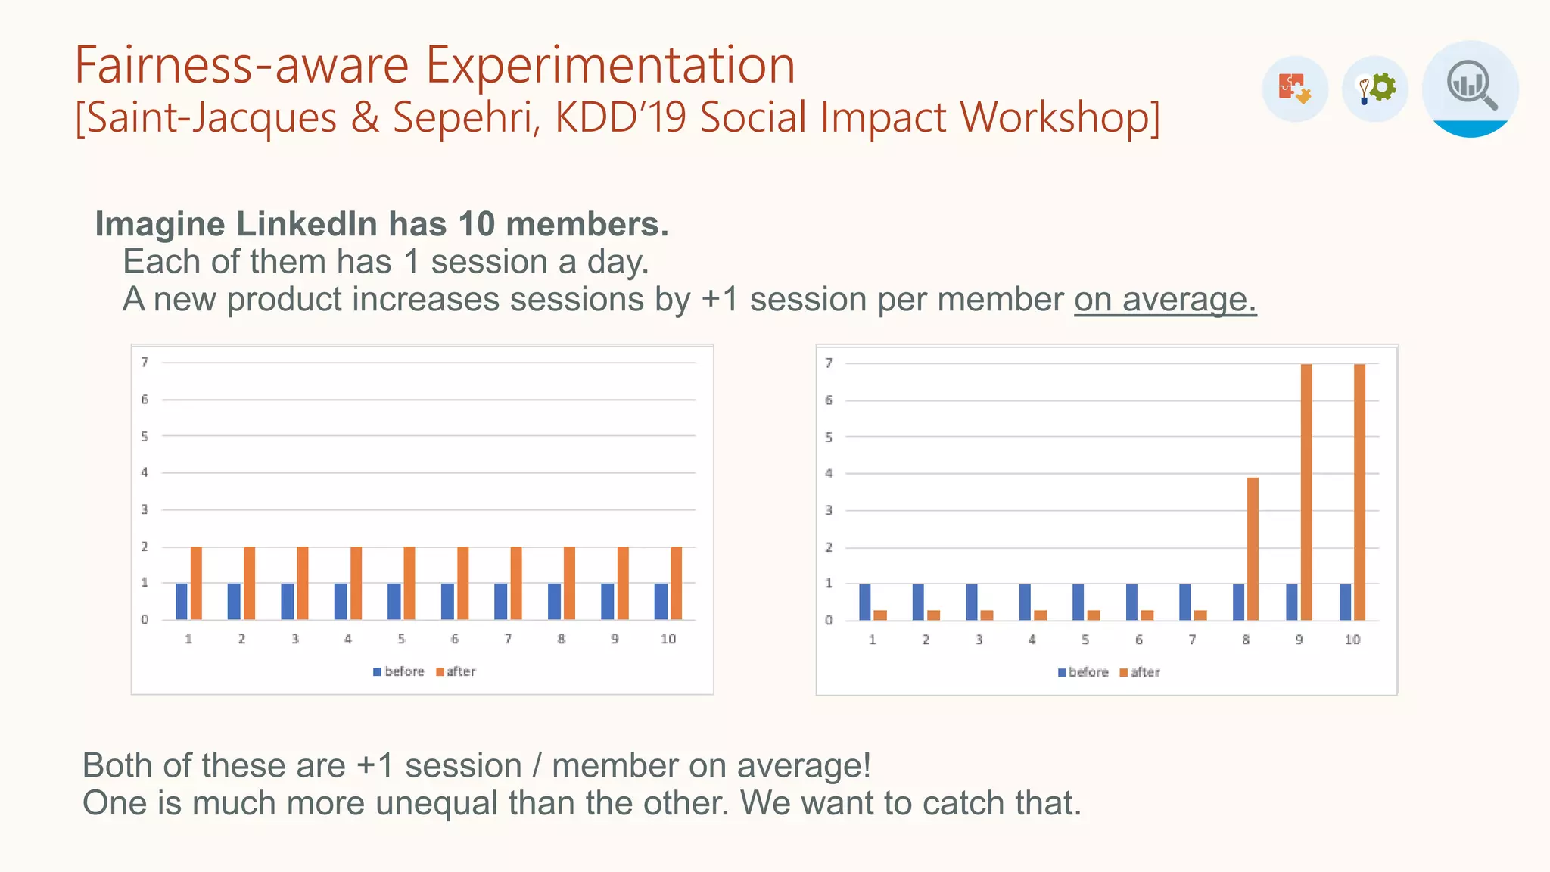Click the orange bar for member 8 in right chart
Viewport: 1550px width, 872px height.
[1253, 549]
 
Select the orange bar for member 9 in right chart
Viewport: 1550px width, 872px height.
[1306, 492]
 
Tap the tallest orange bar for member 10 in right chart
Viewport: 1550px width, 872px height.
[1359, 492]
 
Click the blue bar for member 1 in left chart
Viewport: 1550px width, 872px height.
[182, 601]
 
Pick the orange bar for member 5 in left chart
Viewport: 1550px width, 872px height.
[409, 583]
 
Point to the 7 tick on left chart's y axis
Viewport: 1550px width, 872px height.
[145, 363]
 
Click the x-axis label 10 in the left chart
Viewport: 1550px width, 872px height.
[668, 639]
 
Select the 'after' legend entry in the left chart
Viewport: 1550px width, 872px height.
[456, 671]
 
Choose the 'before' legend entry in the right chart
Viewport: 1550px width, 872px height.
[1083, 672]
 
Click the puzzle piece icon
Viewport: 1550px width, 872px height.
[1294, 89]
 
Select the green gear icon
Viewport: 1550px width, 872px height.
[1382, 88]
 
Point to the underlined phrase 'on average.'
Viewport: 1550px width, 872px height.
[1165, 300]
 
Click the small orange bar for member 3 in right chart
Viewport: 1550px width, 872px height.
[987, 615]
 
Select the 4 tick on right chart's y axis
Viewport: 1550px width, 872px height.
[829, 474]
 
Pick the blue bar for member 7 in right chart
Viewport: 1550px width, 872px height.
[1184, 602]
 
